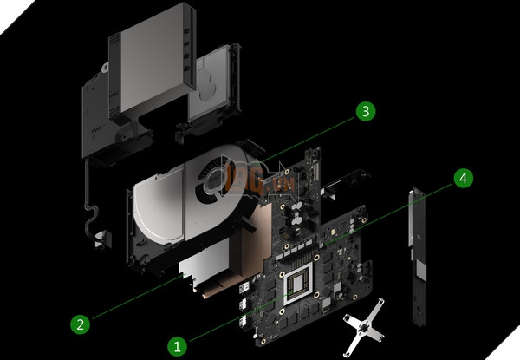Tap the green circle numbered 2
tap(80, 325)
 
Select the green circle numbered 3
tap(367, 111)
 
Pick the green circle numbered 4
tap(463, 179)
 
